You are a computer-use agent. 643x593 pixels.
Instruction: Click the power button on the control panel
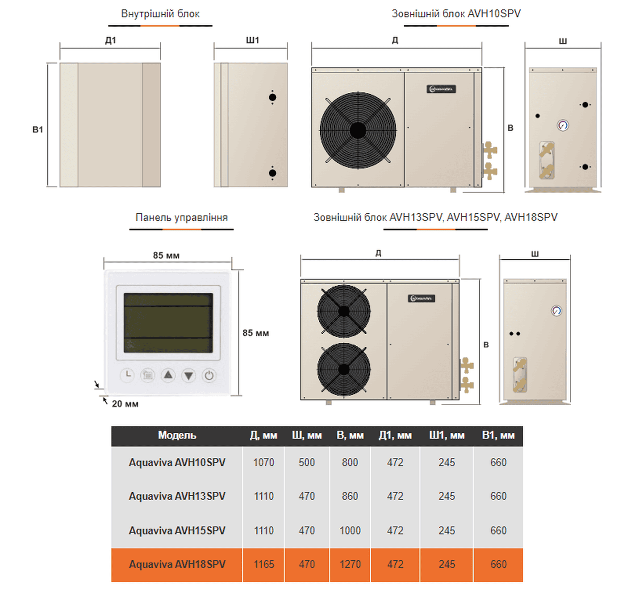click(209, 376)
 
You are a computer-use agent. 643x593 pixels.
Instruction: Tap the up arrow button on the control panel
click(168, 376)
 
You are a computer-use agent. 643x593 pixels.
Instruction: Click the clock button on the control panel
click(128, 376)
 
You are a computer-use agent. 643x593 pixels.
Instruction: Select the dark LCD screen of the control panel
click(168, 323)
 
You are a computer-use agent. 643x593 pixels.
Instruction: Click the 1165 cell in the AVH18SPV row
click(263, 564)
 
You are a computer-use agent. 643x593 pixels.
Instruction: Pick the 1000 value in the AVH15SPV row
click(350, 531)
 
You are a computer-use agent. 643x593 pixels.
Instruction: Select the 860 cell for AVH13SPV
click(350, 496)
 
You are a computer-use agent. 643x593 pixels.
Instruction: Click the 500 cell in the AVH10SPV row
click(307, 462)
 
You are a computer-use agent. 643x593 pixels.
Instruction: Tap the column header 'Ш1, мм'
click(447, 435)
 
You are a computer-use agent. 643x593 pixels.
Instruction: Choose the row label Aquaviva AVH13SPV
click(177, 496)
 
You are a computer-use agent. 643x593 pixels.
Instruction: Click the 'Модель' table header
click(177, 435)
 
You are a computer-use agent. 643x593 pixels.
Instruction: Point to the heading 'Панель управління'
click(182, 217)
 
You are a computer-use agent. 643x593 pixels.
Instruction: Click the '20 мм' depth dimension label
click(125, 404)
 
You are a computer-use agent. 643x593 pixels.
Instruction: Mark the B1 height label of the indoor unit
click(38, 129)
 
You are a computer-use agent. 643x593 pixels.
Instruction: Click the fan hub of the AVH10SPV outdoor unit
click(358, 130)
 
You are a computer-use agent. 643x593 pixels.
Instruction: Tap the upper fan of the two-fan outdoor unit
click(344, 311)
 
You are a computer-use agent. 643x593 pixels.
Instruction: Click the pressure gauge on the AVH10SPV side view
click(563, 125)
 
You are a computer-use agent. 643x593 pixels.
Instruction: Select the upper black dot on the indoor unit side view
click(272, 97)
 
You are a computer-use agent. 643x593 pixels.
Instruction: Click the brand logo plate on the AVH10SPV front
click(441, 89)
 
